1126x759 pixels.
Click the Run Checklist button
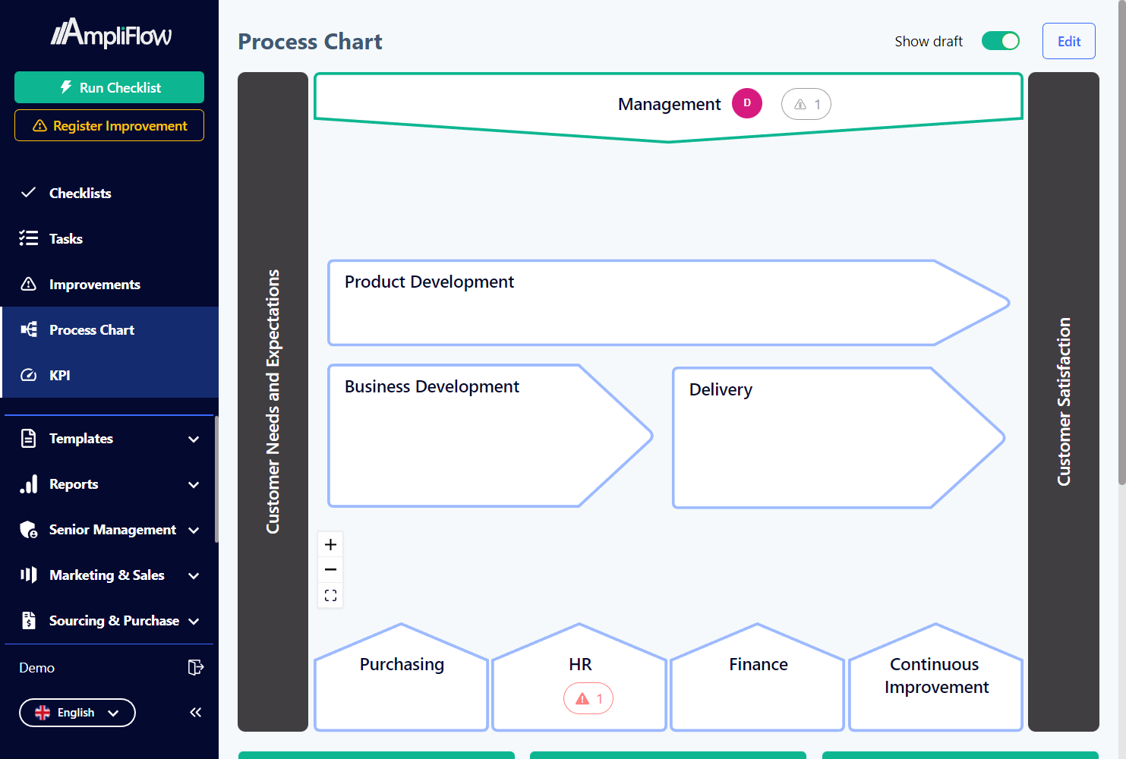(109, 87)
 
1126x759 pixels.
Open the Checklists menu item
(80, 194)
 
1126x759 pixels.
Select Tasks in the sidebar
(66, 239)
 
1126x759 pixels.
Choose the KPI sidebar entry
(59, 376)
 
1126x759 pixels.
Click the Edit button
(1068, 42)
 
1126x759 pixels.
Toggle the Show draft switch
(1000, 41)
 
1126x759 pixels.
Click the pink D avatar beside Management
(746, 103)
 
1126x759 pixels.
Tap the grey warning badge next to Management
(806, 105)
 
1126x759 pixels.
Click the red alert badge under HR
(588, 698)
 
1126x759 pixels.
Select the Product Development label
(429, 282)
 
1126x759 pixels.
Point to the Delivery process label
(721, 390)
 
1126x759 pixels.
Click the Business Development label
(431, 387)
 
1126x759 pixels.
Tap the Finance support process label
(758, 665)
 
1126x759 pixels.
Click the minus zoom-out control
(330, 570)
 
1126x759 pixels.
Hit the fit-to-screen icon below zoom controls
(330, 596)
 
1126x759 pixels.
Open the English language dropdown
(77, 713)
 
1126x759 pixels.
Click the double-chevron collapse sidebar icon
(196, 712)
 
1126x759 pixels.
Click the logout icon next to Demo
(195, 667)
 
